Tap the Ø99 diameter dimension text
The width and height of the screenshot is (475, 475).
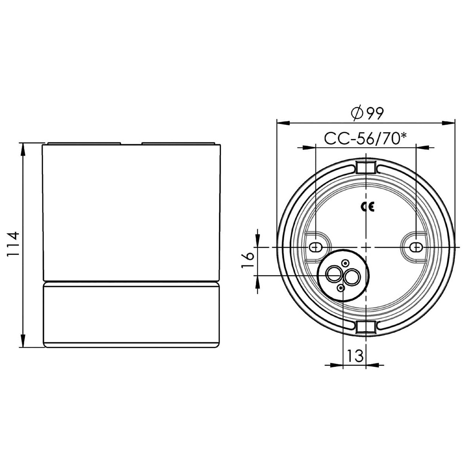367,114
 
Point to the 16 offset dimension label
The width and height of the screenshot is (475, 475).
247,260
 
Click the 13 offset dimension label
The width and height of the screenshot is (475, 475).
355,356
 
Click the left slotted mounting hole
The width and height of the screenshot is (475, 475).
315,247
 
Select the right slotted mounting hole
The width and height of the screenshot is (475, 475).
416,247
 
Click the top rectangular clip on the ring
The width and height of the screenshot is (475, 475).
366,167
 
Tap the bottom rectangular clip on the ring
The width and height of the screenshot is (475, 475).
366,327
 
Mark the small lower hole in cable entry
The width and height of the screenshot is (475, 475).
341,289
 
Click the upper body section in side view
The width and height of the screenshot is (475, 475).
131,212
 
